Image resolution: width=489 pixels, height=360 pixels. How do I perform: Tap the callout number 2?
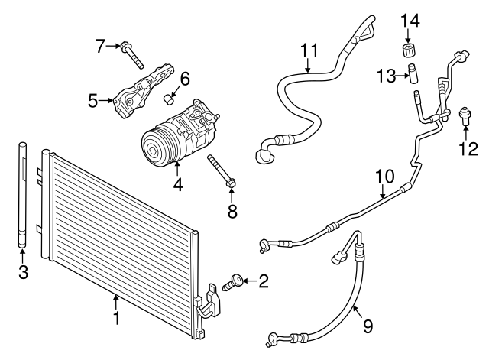(264, 282)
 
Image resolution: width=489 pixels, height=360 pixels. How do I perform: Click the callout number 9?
(368, 326)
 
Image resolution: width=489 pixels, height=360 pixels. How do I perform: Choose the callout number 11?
(308, 50)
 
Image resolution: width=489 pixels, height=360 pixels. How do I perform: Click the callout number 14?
(412, 19)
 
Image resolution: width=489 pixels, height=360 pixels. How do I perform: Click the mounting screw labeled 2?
(232, 284)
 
